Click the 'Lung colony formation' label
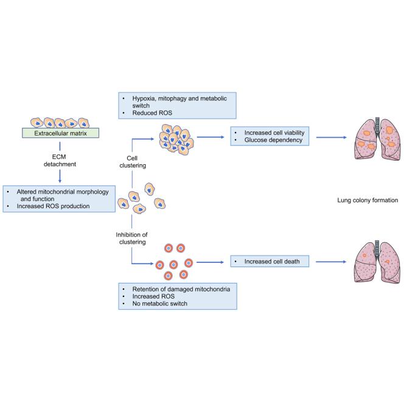(x=367, y=199)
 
